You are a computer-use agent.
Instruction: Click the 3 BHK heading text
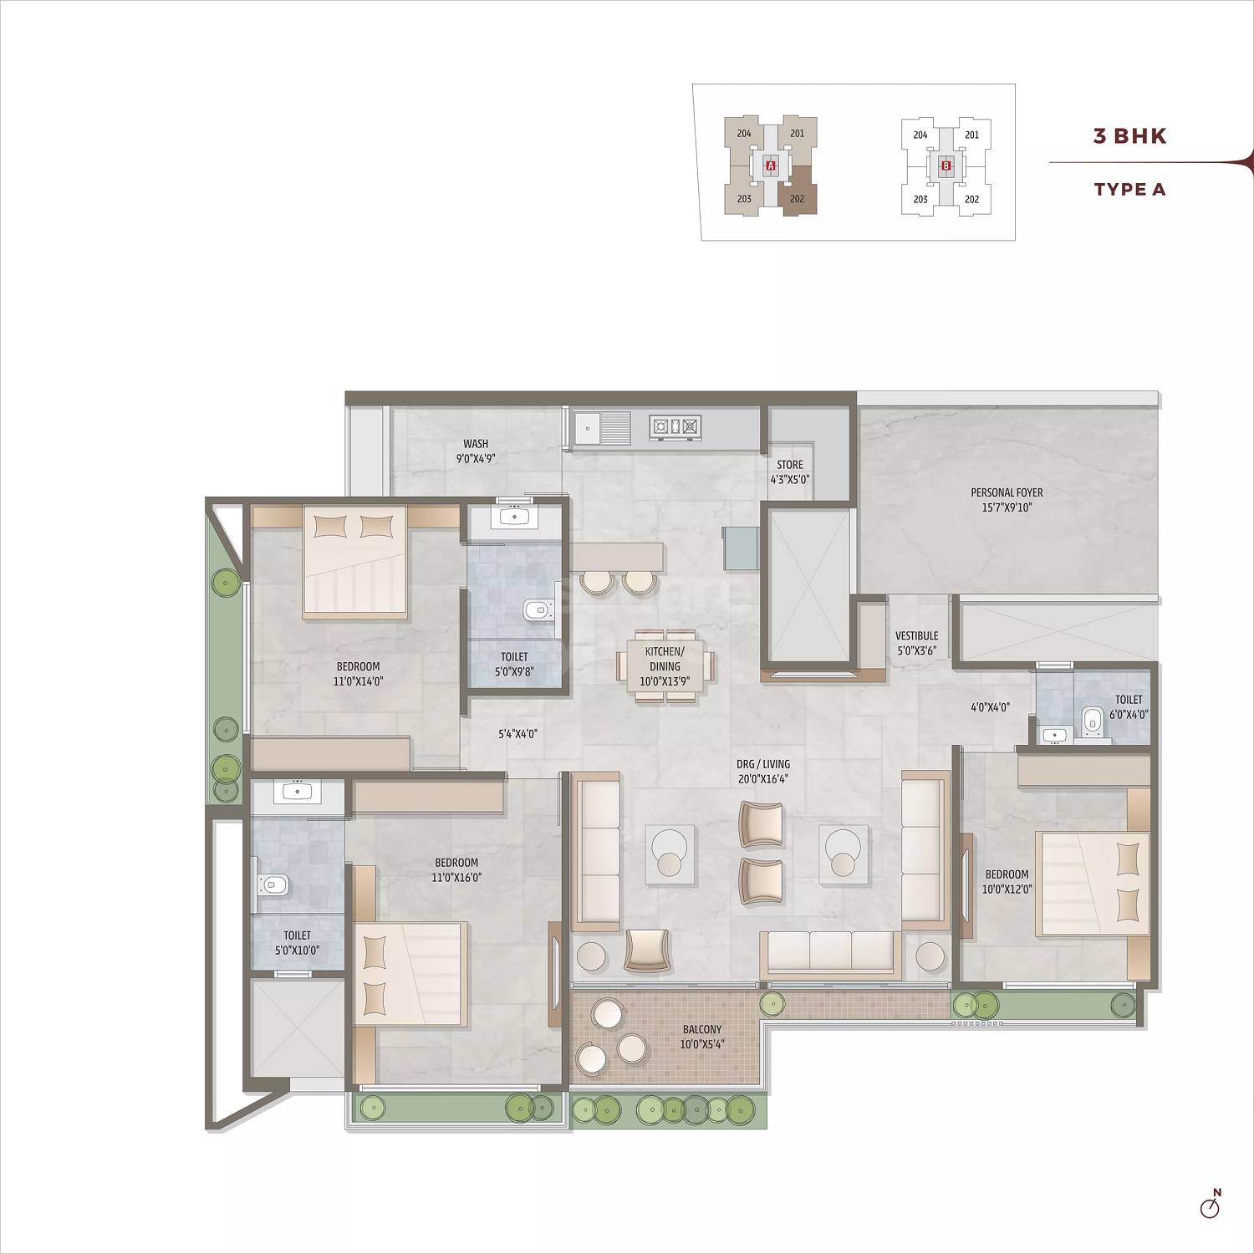click(1129, 136)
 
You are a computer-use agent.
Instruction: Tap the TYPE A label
click(1129, 189)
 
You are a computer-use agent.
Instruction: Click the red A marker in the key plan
click(771, 166)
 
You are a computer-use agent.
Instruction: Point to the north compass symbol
click(1210, 1206)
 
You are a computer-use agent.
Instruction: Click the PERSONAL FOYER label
click(1007, 500)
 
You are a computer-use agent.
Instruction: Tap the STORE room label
click(789, 472)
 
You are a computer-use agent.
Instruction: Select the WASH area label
click(476, 451)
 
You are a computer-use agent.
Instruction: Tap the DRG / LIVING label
click(762, 771)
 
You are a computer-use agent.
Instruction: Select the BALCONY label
click(701, 1036)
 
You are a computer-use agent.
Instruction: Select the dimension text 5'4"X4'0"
click(517, 734)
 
